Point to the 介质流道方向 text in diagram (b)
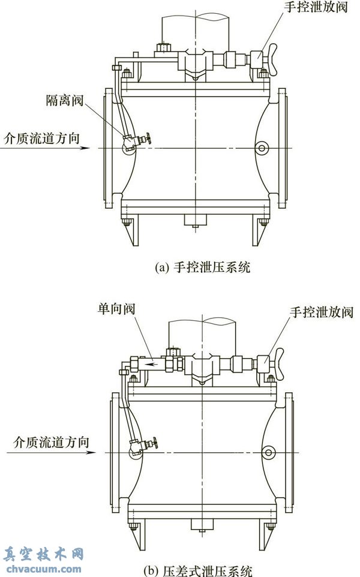tap(46, 442)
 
